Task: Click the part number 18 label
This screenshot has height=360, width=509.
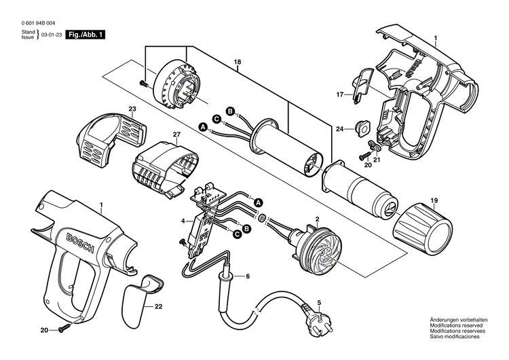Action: point(237,62)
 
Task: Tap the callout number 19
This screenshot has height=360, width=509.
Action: point(434,201)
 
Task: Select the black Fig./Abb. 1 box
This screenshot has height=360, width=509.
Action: point(86,34)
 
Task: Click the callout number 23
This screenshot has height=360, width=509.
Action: point(132,109)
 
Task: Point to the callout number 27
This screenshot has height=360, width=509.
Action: point(176,134)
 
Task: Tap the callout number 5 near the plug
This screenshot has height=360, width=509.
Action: point(319,302)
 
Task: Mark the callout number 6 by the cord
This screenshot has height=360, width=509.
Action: point(247,276)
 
